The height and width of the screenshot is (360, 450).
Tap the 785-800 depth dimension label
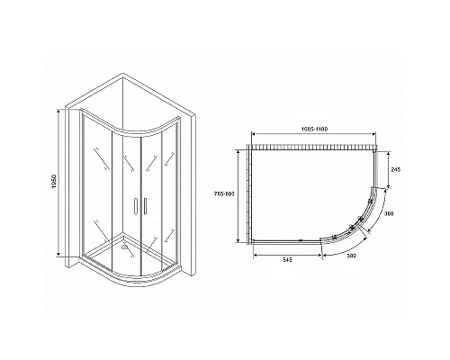click(232, 197)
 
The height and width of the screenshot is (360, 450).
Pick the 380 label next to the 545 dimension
click(353, 258)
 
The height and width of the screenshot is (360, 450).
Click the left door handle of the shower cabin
click(133, 206)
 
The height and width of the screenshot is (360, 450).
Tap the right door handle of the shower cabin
click(141, 206)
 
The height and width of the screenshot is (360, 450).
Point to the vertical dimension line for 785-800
click(240, 197)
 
